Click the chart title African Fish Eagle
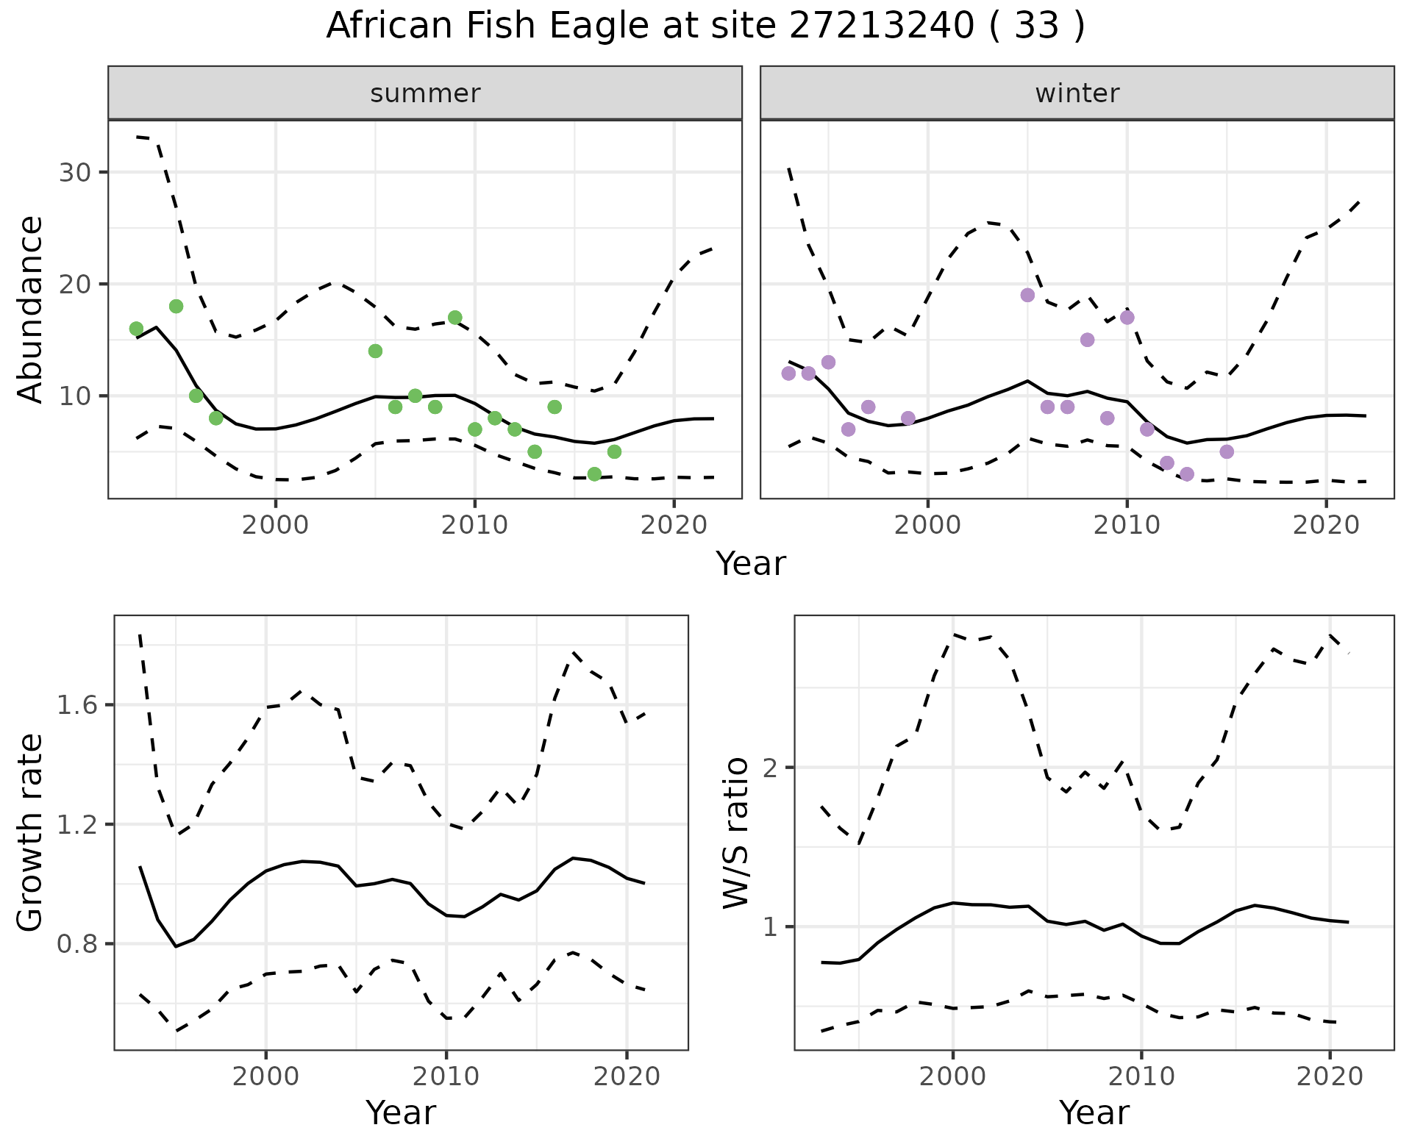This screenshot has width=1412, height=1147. [x=705, y=26]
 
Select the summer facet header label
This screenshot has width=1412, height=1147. [x=425, y=93]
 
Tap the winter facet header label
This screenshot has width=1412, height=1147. [x=1077, y=93]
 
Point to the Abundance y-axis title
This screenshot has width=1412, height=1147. [x=31, y=310]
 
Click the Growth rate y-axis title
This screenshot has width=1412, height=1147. [x=31, y=833]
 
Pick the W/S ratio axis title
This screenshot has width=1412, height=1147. [x=735, y=833]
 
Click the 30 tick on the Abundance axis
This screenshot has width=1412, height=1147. [x=73, y=172]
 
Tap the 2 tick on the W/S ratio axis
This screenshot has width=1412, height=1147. [x=772, y=768]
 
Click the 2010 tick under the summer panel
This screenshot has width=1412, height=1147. [x=474, y=525]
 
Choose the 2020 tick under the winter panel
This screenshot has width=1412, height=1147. [x=1326, y=525]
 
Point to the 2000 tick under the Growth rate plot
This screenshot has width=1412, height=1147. [x=265, y=1076]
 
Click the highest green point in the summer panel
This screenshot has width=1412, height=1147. [x=176, y=306]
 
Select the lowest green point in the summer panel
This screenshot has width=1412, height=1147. [x=594, y=474]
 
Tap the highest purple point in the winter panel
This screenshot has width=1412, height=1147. [x=1027, y=295]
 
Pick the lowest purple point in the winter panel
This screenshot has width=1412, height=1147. [x=1186, y=474]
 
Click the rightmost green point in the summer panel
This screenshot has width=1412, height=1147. [x=614, y=451]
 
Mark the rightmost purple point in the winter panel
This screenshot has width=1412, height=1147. [x=1226, y=451]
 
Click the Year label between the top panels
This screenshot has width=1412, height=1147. [x=751, y=564]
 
